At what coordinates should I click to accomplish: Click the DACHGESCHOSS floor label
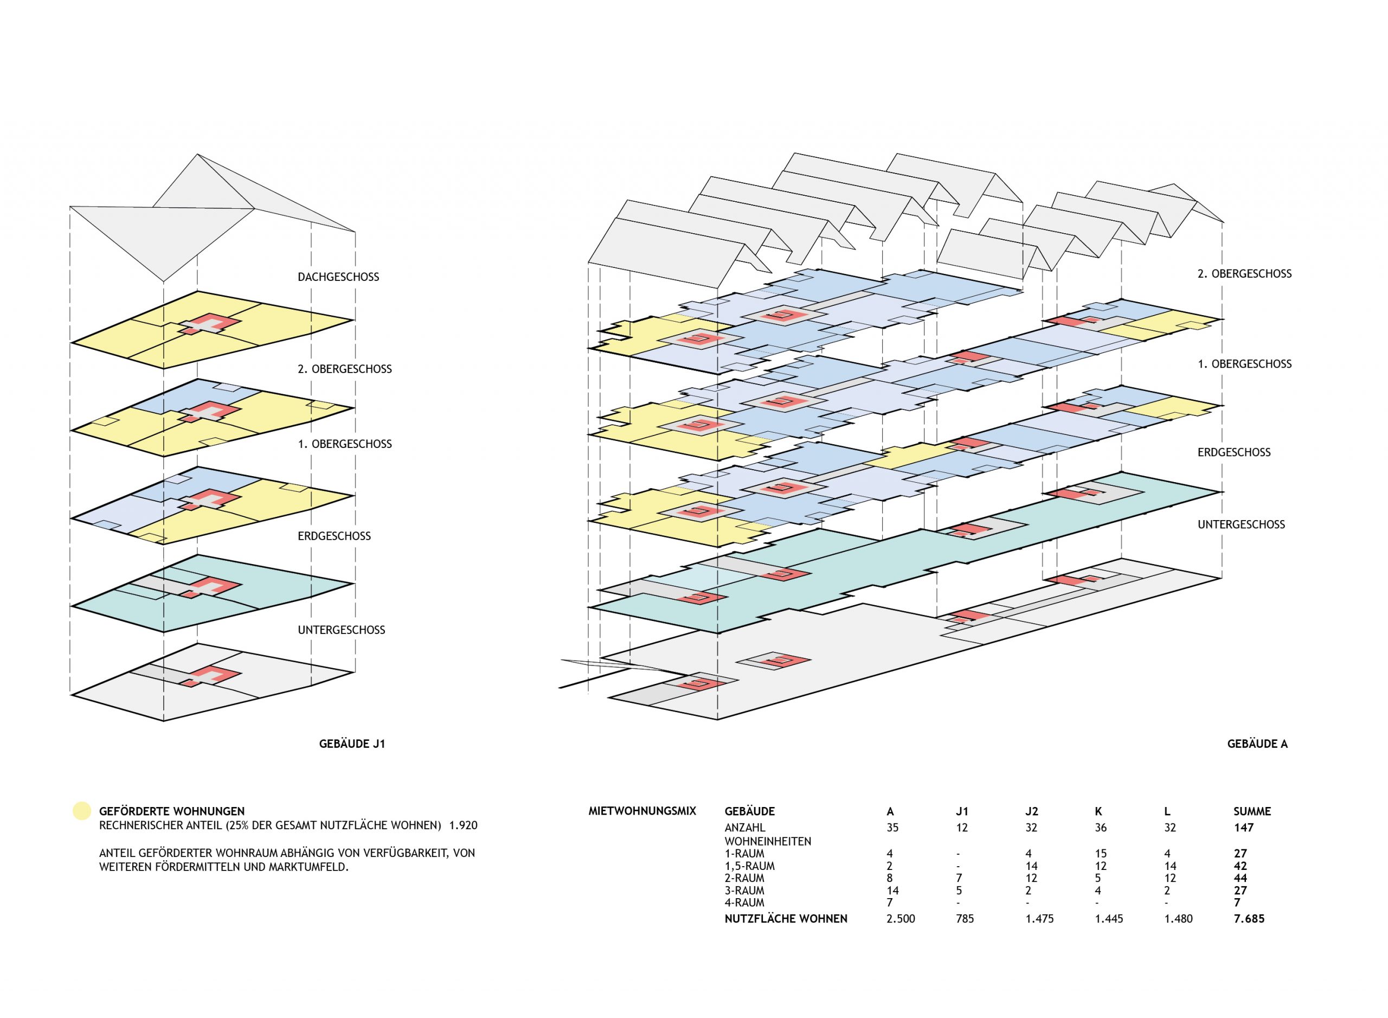(338, 277)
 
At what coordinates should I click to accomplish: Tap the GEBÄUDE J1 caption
(352, 744)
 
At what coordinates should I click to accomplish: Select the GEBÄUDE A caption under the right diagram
(1257, 744)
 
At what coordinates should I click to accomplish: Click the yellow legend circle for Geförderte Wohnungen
(81, 811)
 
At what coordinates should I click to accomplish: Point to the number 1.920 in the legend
(463, 825)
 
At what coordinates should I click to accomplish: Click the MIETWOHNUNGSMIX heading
(642, 811)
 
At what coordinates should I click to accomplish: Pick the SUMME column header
(1252, 811)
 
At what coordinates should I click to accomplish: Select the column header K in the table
(1098, 811)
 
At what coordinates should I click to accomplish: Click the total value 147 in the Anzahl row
(1244, 828)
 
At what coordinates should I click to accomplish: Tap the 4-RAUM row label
(744, 903)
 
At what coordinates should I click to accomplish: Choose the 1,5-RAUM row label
(749, 866)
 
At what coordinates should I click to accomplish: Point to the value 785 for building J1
(965, 919)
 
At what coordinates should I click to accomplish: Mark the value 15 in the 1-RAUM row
(1100, 854)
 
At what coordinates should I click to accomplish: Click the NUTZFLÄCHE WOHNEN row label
(786, 919)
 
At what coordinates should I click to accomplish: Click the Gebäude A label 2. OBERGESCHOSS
(1244, 273)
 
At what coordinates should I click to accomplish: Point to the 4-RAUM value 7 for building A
(890, 903)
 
